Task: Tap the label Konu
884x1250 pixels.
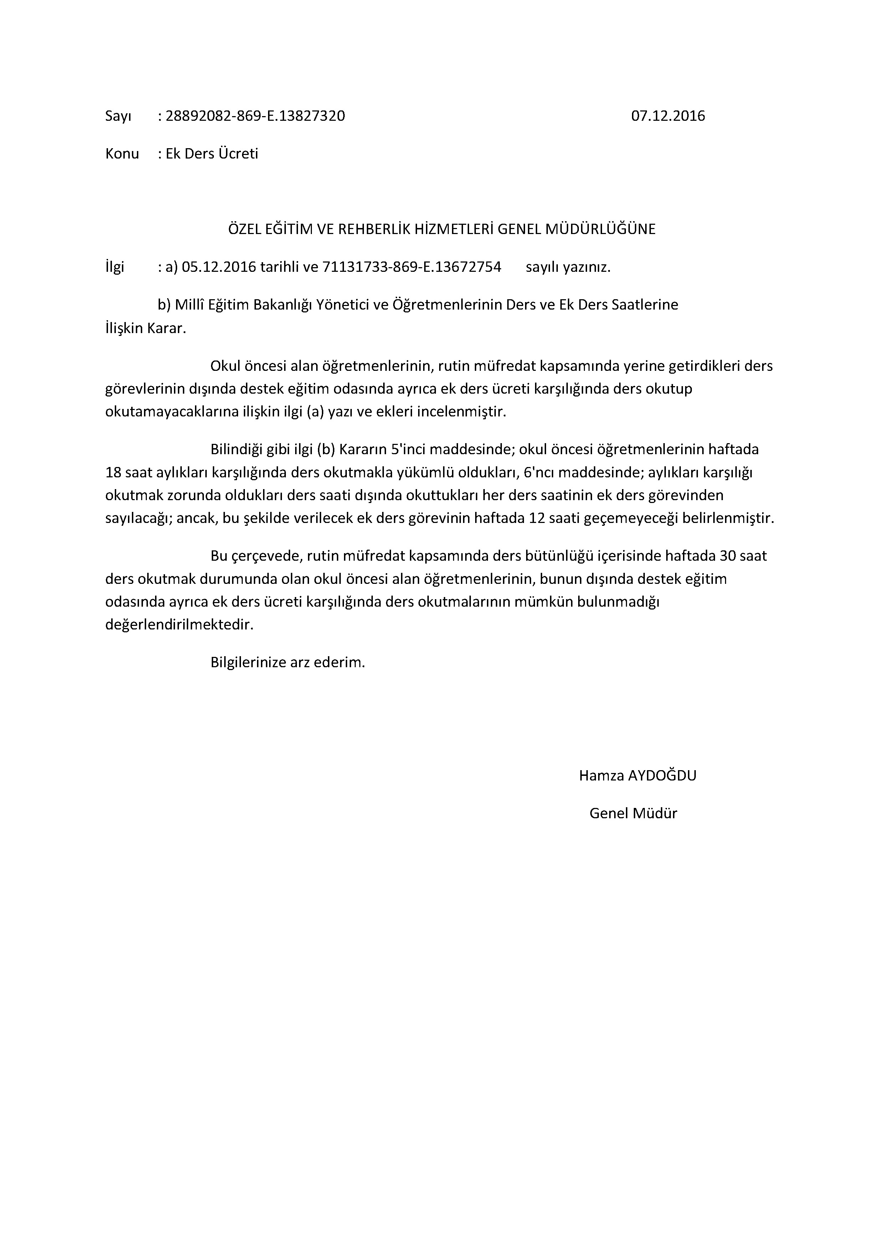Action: (122, 154)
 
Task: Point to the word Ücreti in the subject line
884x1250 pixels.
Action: (238, 154)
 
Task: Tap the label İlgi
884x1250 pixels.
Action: (114, 267)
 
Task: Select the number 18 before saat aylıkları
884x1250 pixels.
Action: (113, 473)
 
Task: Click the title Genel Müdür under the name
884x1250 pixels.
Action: (633, 813)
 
